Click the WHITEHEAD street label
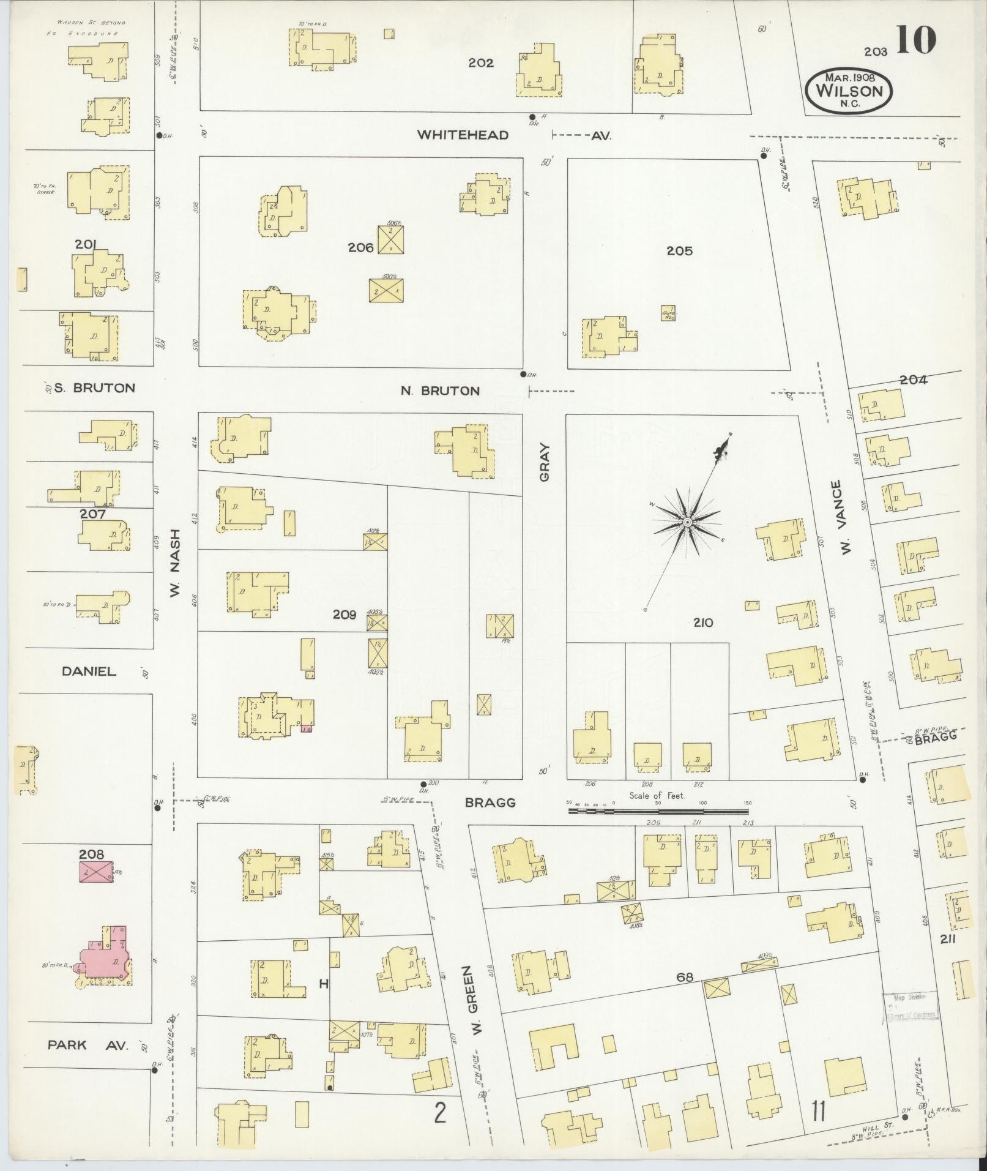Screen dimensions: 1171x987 pyautogui.click(x=463, y=135)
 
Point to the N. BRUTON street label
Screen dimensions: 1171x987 pyautogui.click(x=440, y=391)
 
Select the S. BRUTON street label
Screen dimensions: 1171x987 pyautogui.click(x=94, y=387)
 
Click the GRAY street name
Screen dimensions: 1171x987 pyautogui.click(x=545, y=462)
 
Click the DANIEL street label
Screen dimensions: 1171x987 pyautogui.click(x=89, y=672)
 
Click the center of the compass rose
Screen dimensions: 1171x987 pyautogui.click(x=688, y=522)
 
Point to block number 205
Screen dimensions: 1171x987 pyautogui.click(x=679, y=251)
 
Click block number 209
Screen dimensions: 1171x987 pyautogui.click(x=345, y=615)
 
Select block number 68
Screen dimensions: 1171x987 pyautogui.click(x=685, y=978)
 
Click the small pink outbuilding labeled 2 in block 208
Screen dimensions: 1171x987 pyautogui.click(x=95, y=871)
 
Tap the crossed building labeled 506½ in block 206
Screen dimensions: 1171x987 pyautogui.click(x=390, y=239)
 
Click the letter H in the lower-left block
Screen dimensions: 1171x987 pyautogui.click(x=324, y=984)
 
